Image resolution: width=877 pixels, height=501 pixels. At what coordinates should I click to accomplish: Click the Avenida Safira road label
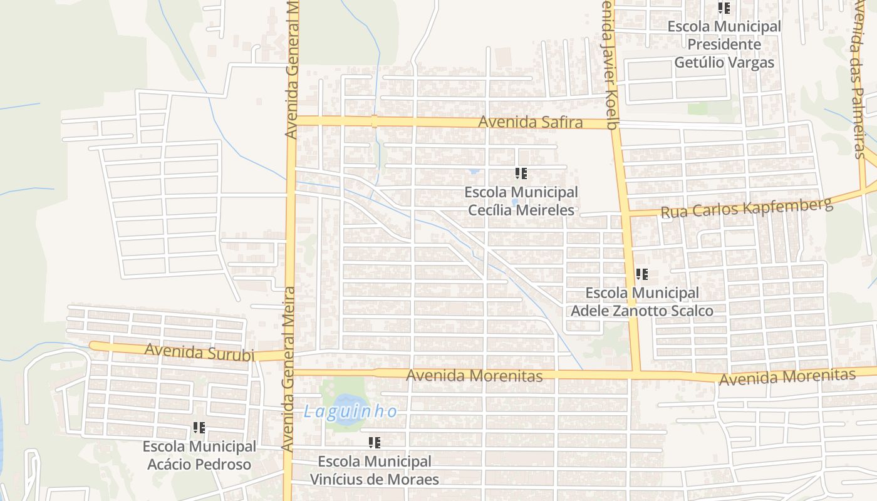530,123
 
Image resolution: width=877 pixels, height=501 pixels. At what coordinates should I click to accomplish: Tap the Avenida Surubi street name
199,352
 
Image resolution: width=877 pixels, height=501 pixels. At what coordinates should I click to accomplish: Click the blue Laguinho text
350,411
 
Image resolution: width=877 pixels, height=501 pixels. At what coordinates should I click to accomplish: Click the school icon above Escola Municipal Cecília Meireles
521,173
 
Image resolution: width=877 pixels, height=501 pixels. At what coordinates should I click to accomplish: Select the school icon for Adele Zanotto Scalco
641,274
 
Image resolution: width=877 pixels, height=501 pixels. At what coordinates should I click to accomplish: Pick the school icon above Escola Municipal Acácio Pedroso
199,428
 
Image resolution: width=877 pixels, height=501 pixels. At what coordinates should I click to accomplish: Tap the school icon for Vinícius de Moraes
375,443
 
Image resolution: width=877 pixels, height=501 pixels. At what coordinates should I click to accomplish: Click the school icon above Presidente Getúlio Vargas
724,9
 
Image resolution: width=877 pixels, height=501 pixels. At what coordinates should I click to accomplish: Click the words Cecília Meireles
521,210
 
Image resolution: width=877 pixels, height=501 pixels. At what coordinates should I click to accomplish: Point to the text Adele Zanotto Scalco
641,311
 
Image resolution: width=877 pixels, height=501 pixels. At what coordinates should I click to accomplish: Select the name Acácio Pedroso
199,465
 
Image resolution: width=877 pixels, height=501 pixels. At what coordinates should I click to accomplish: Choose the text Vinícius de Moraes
375,480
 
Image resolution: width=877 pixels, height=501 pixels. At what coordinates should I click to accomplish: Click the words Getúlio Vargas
724,63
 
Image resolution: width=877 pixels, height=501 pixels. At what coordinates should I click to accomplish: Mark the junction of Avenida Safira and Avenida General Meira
292,120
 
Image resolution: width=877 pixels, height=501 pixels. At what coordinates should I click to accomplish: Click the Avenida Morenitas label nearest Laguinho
474,376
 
